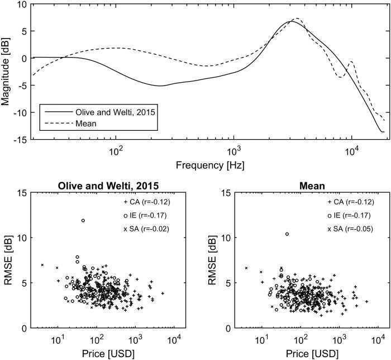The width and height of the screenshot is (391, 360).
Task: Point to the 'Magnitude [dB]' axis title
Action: pos(6,72)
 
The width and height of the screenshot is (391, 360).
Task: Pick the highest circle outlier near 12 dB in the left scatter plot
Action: pos(83,220)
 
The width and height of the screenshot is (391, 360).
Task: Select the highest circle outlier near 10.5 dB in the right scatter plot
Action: pos(287,234)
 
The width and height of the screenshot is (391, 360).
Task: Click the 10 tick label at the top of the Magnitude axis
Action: pos(21,4)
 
